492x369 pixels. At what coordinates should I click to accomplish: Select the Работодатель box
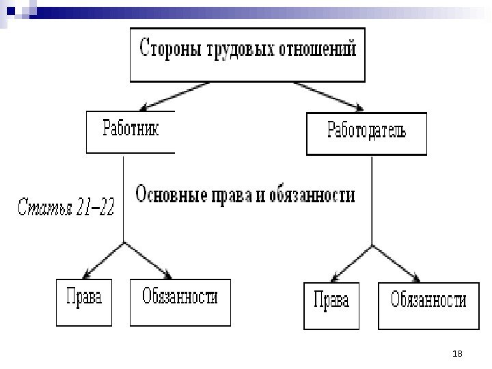366,133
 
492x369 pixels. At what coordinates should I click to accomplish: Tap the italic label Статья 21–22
66,206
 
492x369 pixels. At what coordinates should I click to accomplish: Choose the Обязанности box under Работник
180,299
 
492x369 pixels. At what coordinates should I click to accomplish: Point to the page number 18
458,353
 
